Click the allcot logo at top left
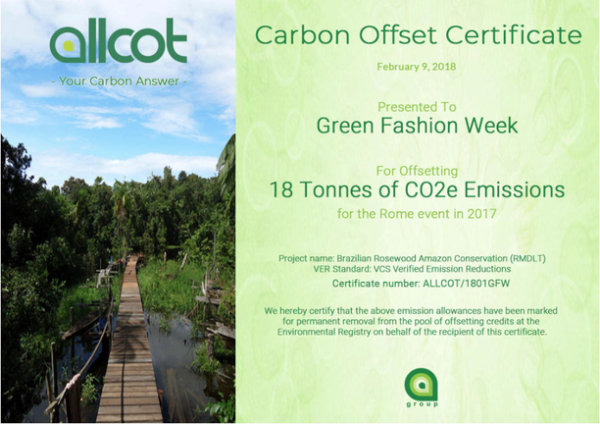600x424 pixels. (119, 40)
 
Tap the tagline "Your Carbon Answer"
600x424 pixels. (119, 81)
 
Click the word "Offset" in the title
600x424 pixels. (398, 35)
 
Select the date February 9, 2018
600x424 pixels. (417, 67)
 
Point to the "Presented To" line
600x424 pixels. (417, 106)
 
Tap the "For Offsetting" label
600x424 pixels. (417, 171)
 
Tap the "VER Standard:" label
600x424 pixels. (342, 269)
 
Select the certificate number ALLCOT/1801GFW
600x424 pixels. (466, 284)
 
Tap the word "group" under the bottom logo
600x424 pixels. (422, 404)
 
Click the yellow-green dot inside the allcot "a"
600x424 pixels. (68, 45)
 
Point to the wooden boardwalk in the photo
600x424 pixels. (129, 344)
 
